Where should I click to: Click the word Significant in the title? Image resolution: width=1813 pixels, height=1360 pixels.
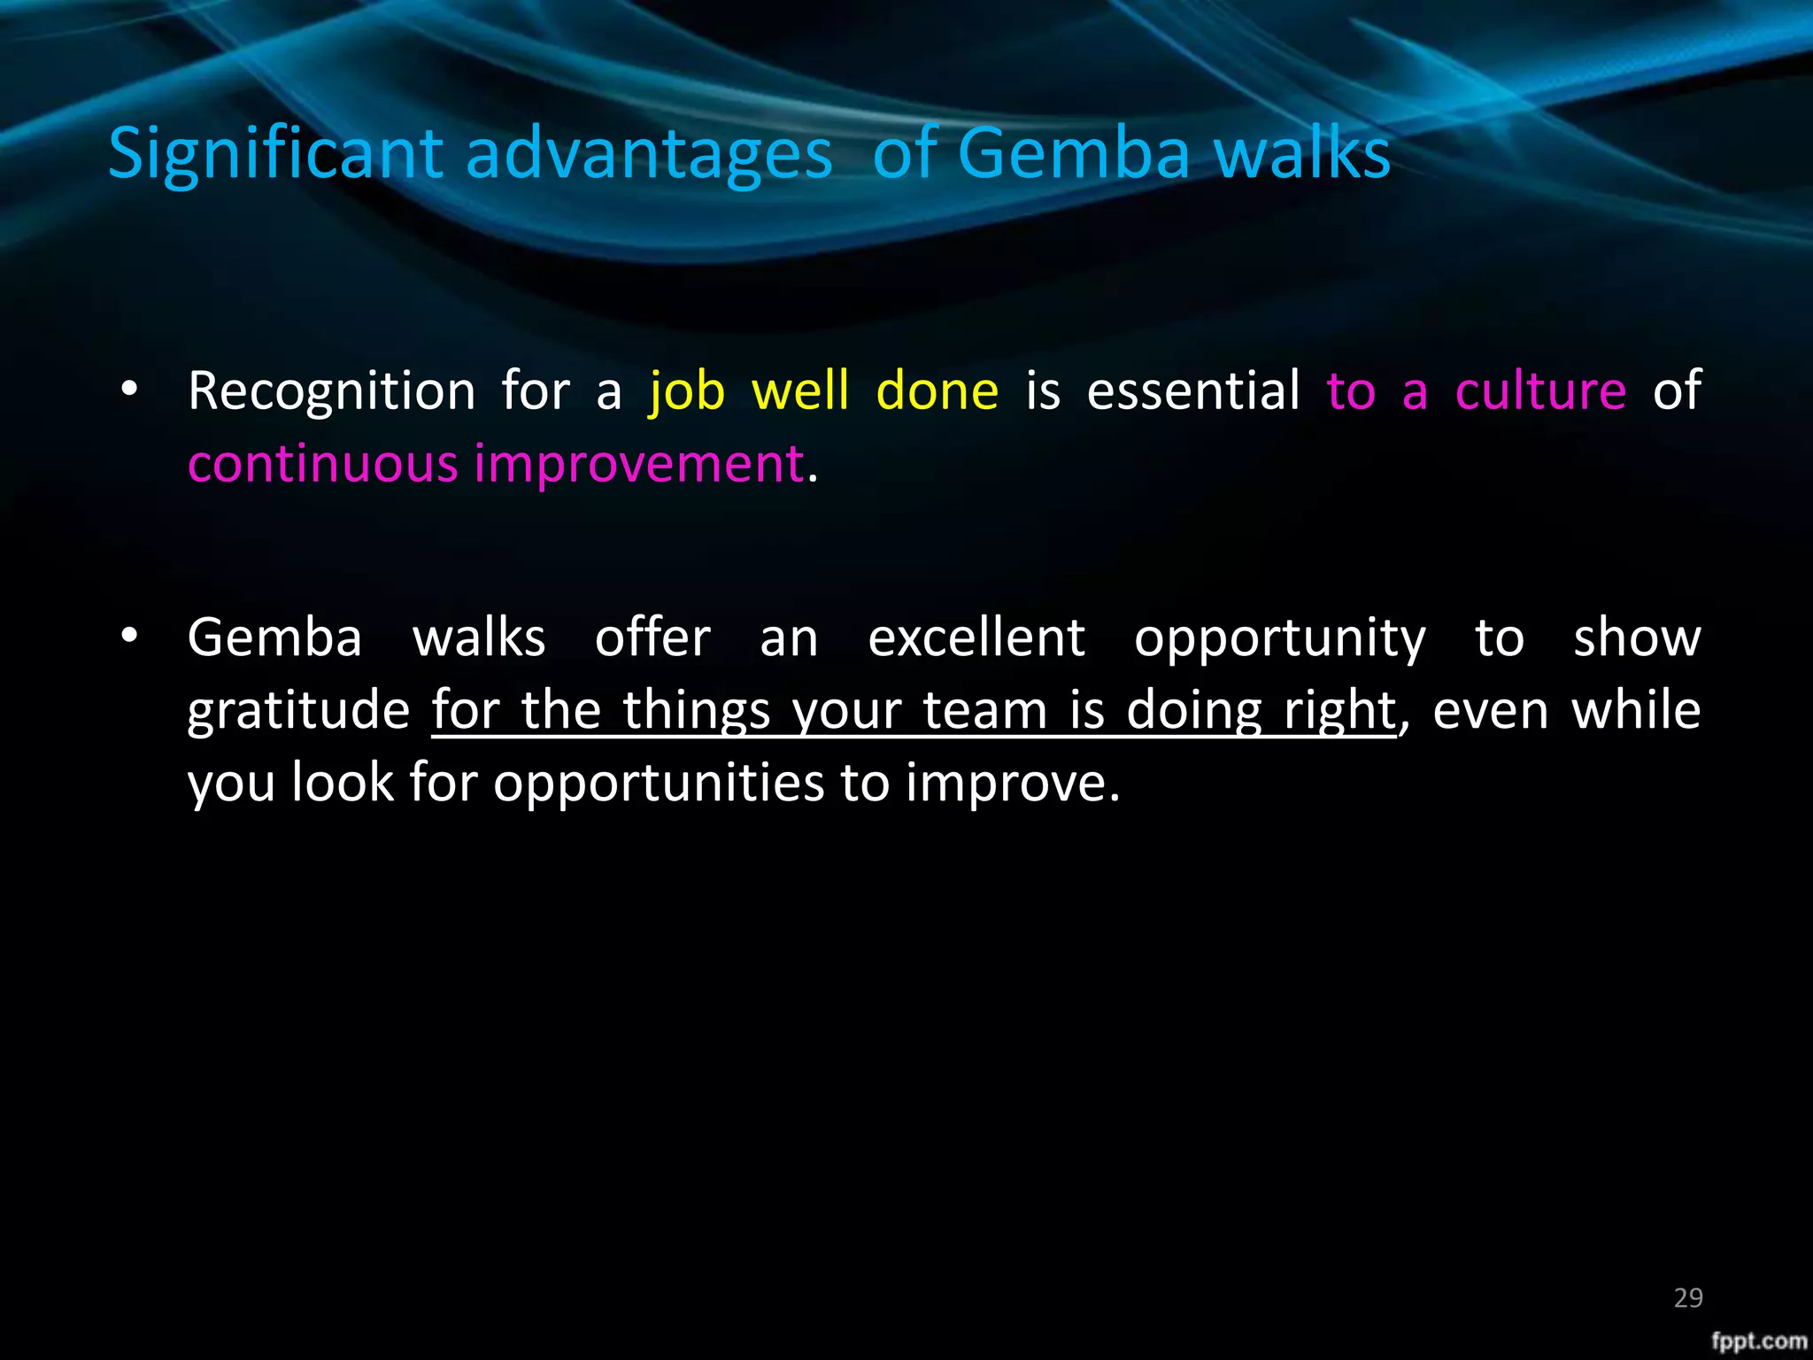tap(275, 155)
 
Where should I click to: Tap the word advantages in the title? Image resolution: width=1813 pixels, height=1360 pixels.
tap(649, 155)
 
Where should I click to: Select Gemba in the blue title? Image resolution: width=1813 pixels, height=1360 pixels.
tap(1073, 153)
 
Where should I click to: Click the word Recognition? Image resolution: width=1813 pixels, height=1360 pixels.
tap(332, 390)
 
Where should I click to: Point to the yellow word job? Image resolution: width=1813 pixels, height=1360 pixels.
tap(687, 392)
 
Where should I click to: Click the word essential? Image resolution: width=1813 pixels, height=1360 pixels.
tap(1193, 390)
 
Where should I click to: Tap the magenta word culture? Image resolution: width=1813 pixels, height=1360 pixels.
tap(1540, 390)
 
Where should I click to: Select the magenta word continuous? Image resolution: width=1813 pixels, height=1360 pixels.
tap(322, 463)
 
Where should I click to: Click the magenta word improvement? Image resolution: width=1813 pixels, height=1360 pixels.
tap(638, 465)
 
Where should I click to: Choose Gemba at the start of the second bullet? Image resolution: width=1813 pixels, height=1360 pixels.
tap(275, 637)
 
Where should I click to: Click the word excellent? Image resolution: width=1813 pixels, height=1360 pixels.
tap(976, 637)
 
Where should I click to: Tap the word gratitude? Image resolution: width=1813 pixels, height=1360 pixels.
tap(298, 711)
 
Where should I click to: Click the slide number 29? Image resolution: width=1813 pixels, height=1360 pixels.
tap(1688, 1298)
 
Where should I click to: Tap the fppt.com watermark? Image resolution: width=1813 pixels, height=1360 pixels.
tap(1758, 1341)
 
